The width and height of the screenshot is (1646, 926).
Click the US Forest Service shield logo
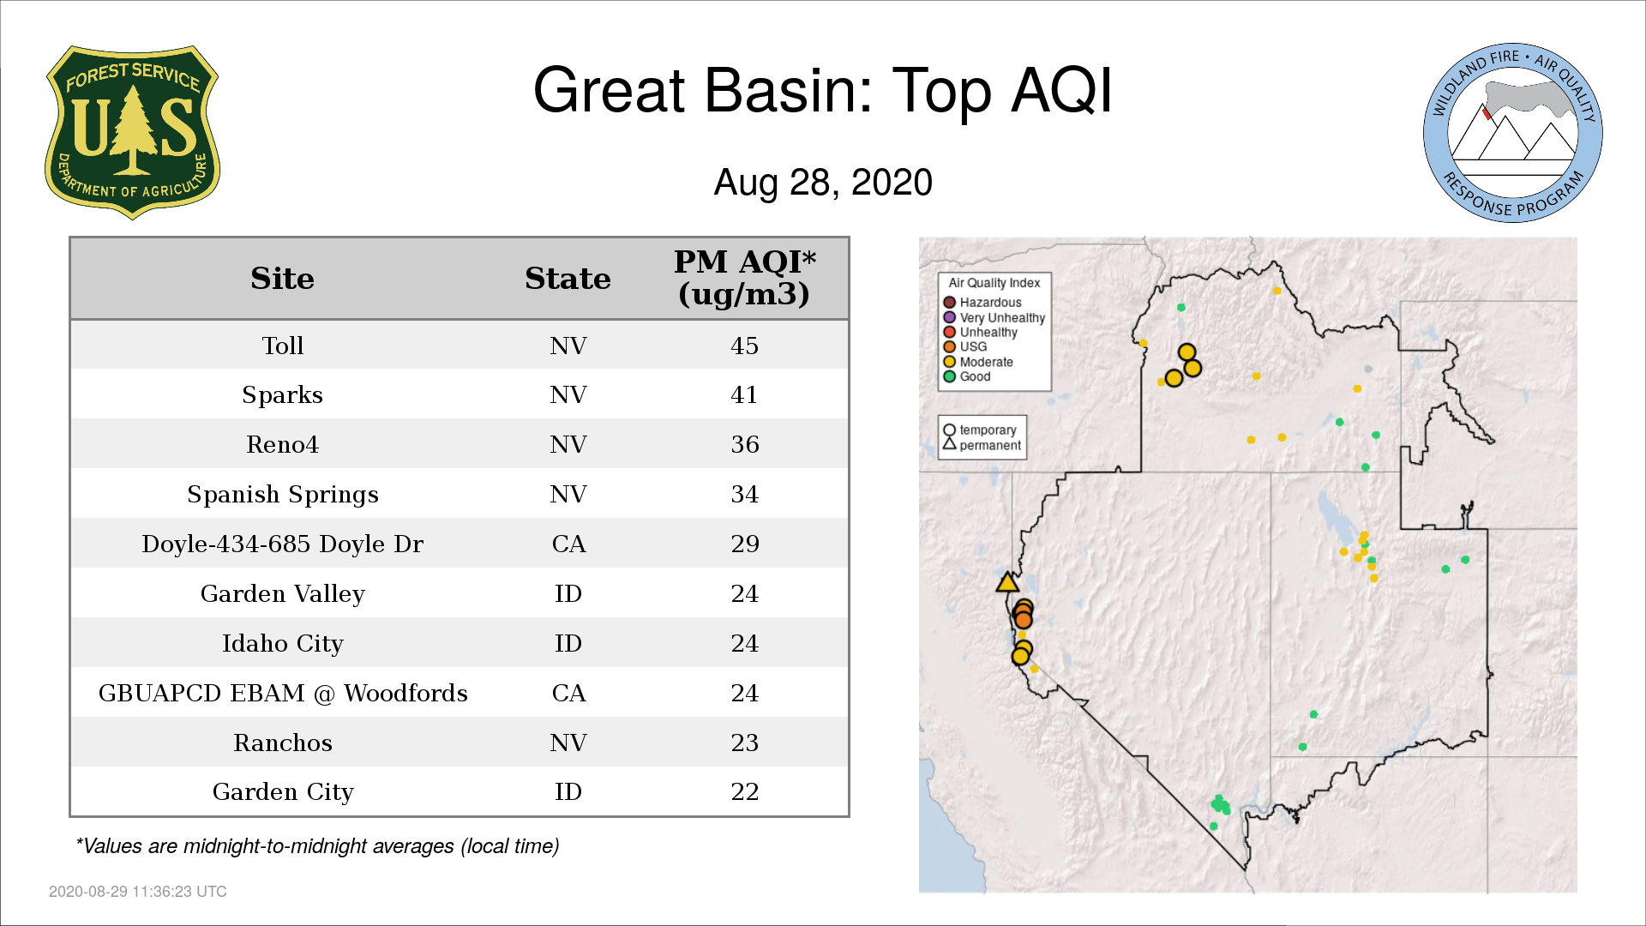pos(132,132)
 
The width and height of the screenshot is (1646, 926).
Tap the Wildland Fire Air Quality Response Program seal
pos(1513,133)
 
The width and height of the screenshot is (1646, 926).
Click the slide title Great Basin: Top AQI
pos(823,90)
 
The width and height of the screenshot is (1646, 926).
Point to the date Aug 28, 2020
pos(823,183)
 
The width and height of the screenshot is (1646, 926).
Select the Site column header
pos(282,279)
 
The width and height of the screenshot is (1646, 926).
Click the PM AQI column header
pos(744,278)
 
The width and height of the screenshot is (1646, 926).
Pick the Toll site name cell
pos(282,346)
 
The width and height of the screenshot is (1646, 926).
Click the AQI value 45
pos(744,346)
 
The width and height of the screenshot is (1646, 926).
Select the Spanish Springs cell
pos(282,495)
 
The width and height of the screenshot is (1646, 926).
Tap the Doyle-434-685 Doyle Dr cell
pos(282,544)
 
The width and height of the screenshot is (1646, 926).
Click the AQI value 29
pos(744,544)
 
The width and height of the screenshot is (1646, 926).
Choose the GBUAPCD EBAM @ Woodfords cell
pos(283,693)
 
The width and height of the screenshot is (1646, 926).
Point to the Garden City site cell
pos(283,792)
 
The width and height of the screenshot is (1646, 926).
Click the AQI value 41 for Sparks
pos(744,394)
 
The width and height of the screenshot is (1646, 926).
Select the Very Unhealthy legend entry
pos(994,317)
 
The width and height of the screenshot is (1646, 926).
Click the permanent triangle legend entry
pos(982,445)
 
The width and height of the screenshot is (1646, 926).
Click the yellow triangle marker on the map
pos(1007,583)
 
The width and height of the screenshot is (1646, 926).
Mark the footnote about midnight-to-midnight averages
pos(317,846)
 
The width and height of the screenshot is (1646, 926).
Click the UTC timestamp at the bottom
pos(138,892)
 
